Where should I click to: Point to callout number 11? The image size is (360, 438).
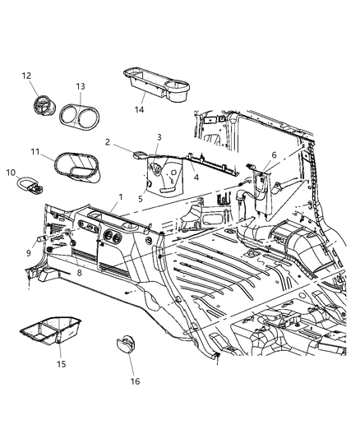35,153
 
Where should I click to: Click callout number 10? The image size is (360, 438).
10,172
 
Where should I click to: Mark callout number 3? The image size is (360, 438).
159,137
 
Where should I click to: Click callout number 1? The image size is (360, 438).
121,197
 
